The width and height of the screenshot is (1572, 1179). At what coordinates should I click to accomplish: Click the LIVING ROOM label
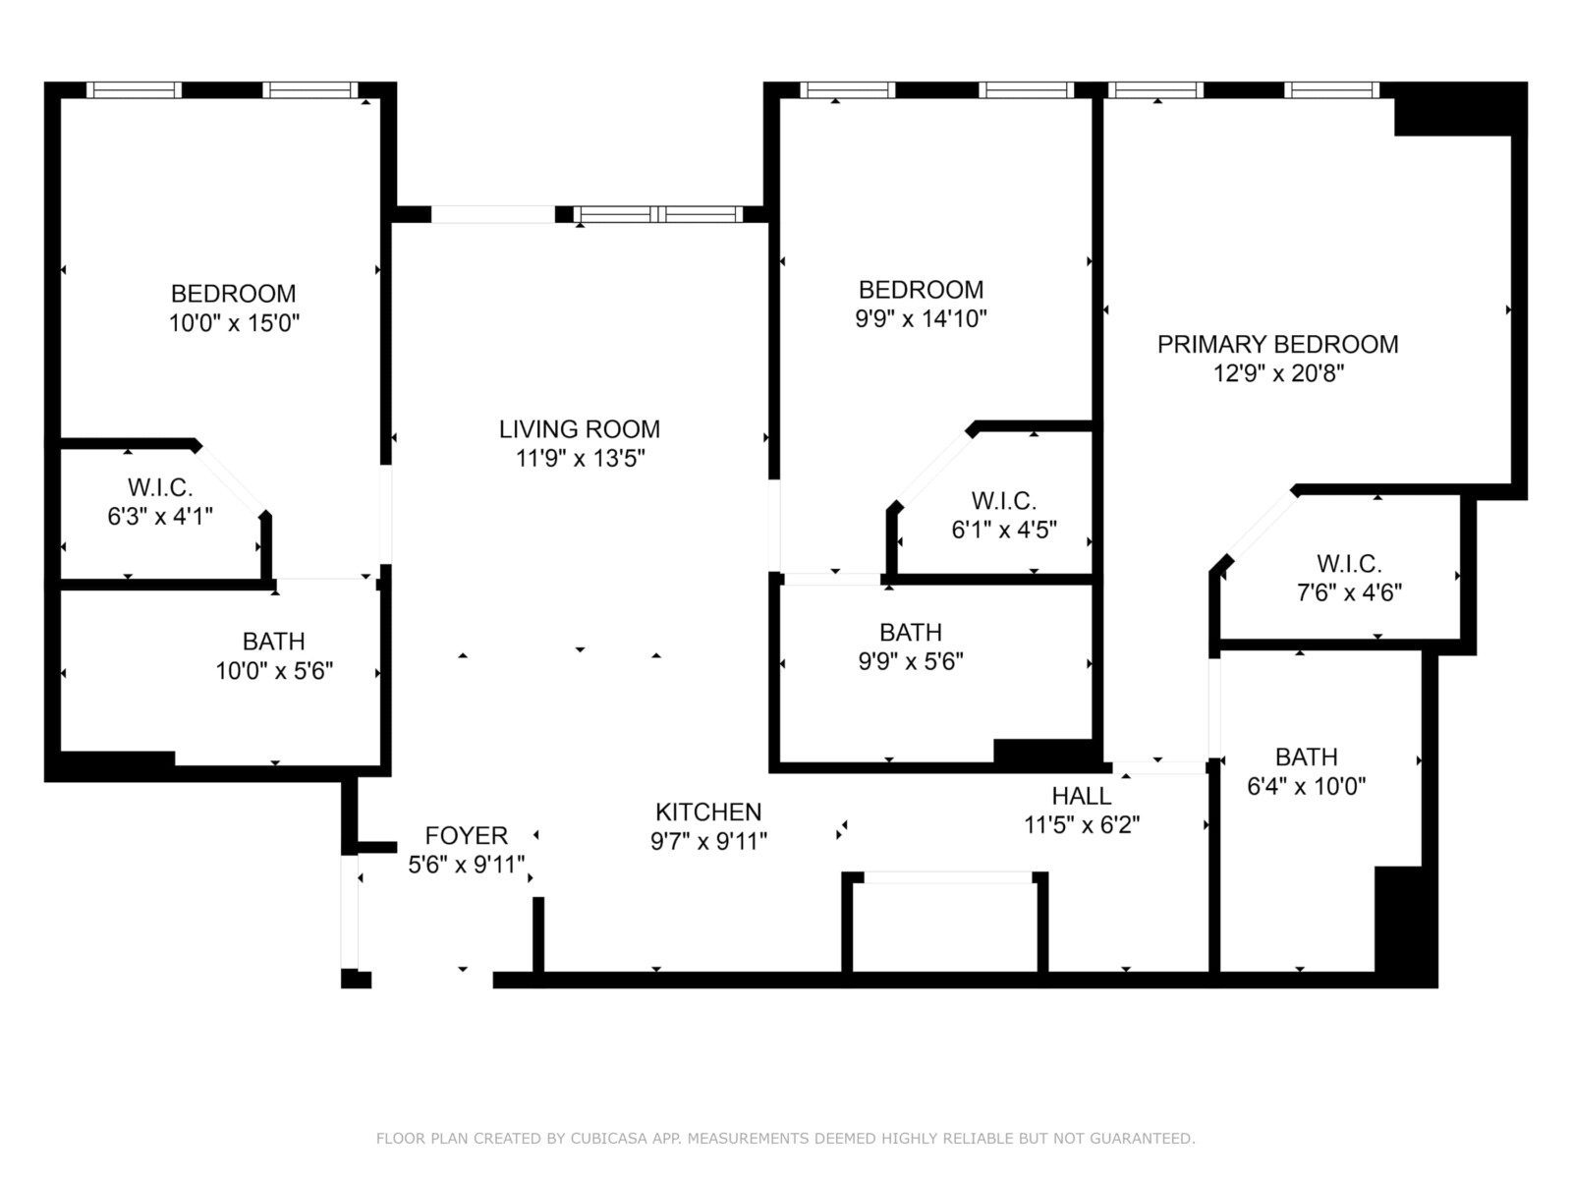click(580, 429)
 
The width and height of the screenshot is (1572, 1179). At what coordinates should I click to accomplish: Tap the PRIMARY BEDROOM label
click(1277, 344)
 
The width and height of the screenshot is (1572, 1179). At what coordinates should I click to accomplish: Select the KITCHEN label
click(708, 812)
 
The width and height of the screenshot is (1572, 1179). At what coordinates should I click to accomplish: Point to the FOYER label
click(467, 835)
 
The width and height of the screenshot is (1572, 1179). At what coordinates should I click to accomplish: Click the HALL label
click(1082, 796)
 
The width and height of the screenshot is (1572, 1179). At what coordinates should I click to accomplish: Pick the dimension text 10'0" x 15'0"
click(234, 323)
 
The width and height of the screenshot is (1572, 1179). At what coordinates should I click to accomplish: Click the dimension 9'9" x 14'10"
click(921, 318)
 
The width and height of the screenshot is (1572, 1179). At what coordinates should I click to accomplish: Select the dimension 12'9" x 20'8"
click(1278, 373)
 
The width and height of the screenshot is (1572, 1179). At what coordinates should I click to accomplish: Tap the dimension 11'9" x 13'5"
click(580, 458)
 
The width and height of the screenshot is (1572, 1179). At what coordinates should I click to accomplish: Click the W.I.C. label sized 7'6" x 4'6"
click(1349, 564)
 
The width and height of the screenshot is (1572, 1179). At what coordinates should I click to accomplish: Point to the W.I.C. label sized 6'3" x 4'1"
click(160, 487)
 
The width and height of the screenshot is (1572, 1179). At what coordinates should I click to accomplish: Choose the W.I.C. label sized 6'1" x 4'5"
click(1004, 500)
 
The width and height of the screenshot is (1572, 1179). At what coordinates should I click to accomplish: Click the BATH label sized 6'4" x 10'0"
click(1307, 757)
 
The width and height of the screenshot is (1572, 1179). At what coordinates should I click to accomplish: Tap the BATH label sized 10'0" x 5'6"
click(273, 641)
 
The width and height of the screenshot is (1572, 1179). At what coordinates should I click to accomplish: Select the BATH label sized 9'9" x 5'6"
click(911, 632)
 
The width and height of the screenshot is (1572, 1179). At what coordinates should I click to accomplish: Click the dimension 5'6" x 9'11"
click(467, 865)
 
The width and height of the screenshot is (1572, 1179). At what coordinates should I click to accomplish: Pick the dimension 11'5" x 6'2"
click(1082, 825)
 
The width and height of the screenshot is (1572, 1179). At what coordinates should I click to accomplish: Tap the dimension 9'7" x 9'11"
click(708, 841)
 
